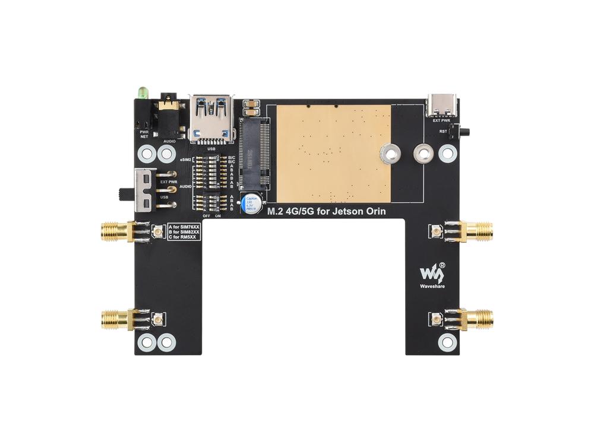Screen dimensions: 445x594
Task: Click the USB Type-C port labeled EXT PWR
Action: point(441,106)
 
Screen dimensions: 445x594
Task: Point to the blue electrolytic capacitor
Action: point(250,203)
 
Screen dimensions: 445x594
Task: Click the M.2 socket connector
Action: point(254,151)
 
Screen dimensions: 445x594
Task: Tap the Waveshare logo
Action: point(432,273)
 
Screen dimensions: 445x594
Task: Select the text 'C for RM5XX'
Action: point(184,237)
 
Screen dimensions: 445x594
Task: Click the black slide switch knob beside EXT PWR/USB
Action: point(125,193)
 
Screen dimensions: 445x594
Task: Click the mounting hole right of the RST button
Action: point(448,154)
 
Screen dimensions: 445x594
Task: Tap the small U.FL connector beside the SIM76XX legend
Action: point(158,232)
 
